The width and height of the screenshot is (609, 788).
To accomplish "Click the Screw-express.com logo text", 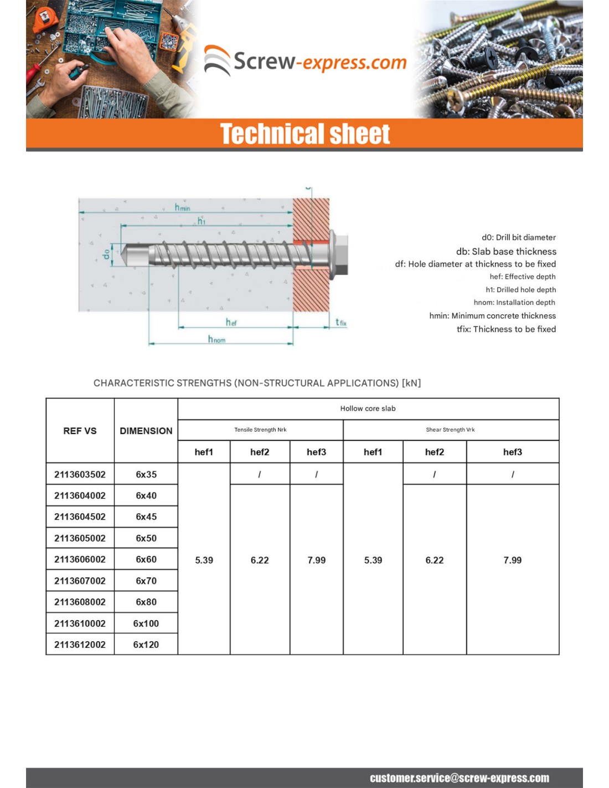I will (x=319, y=62).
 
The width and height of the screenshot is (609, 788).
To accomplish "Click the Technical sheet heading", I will (x=305, y=134).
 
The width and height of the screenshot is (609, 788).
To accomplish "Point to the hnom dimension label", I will (x=216, y=339).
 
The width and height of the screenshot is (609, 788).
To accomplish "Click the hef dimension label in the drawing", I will (x=231, y=322).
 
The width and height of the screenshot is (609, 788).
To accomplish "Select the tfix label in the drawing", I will (x=340, y=322).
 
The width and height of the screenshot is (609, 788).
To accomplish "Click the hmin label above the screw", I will (x=182, y=207).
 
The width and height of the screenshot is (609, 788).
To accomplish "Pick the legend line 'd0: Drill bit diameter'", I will (x=518, y=237).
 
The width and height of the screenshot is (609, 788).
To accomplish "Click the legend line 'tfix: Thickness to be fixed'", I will (x=506, y=329).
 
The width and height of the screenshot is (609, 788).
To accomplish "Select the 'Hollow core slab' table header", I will (x=368, y=408).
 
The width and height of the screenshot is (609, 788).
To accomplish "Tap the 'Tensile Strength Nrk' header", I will (x=260, y=429).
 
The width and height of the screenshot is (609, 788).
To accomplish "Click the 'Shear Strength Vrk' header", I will (x=450, y=429).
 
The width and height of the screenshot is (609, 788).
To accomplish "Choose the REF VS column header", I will (x=80, y=431).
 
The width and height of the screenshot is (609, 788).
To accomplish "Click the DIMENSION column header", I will (x=146, y=431).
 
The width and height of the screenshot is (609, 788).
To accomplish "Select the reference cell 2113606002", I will (x=80, y=559).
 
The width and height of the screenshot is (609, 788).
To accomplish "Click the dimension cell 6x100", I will (x=146, y=623).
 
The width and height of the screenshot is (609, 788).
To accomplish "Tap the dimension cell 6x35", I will (x=146, y=474).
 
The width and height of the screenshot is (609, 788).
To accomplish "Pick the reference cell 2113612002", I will (x=80, y=644).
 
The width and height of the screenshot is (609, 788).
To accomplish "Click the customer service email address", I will (x=460, y=778).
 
